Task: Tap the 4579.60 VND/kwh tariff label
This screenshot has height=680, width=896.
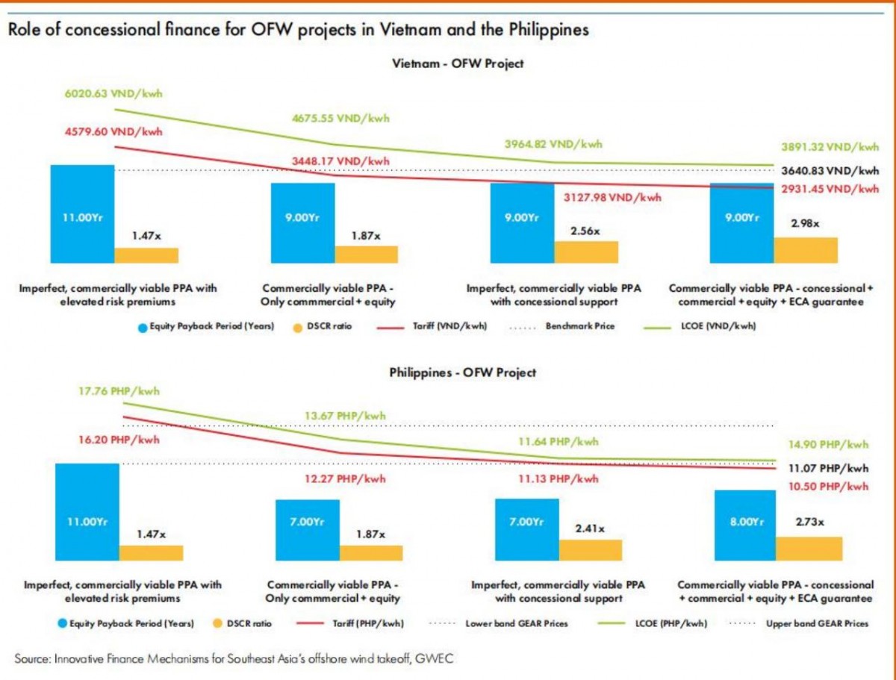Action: coord(112,131)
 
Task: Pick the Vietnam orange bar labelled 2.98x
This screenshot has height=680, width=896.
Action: coord(806,250)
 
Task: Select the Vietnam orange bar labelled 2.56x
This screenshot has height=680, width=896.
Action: coord(586,252)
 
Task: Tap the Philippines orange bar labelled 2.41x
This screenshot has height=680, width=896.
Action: coord(590,550)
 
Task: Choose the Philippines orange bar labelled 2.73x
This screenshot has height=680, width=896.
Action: coord(809,549)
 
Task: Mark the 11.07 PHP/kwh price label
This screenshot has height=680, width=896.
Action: coord(829,469)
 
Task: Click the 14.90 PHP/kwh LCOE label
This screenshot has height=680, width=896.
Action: coord(829,444)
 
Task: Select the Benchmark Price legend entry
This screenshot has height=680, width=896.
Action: coord(579,326)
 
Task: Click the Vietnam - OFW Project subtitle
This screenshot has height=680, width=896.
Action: coord(458,63)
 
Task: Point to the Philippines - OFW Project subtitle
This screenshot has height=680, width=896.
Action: coord(463,372)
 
